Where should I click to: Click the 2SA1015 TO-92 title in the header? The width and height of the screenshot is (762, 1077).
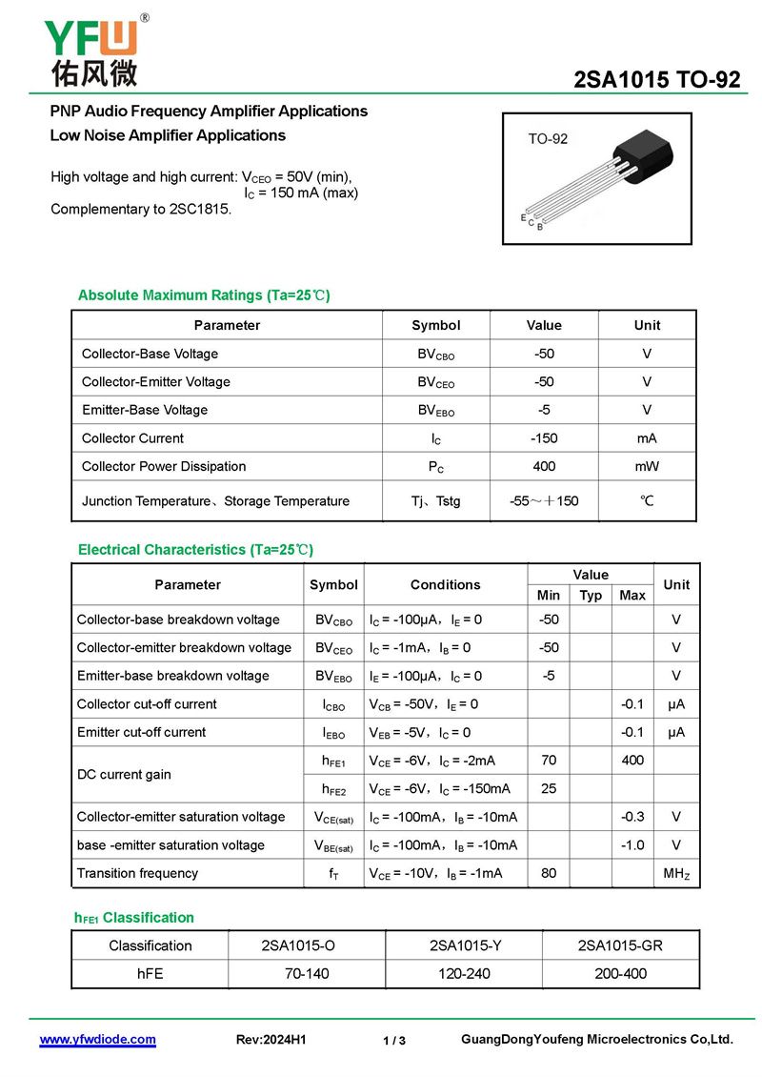[x=656, y=80]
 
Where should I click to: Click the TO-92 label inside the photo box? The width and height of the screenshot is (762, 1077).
[x=548, y=139]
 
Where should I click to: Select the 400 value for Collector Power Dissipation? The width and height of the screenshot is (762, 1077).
[x=544, y=466]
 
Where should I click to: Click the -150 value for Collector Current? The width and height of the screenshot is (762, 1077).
[x=544, y=438]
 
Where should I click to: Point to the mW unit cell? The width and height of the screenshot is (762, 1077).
[x=647, y=466]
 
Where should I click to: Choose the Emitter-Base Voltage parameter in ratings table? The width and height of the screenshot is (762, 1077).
[x=145, y=410]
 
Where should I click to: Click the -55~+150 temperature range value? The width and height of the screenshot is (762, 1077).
[x=544, y=500]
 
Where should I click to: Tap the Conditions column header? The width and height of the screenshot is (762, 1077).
[x=445, y=584]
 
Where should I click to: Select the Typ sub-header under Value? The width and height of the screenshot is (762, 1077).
[x=591, y=595]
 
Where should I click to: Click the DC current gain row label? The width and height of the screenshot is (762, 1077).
[x=124, y=774]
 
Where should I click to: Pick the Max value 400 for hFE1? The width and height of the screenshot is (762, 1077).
[x=632, y=761]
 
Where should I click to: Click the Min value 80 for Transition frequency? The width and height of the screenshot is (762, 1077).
[x=549, y=873]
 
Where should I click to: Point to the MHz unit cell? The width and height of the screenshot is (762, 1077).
[x=676, y=873]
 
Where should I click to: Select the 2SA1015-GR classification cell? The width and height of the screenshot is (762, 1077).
[x=620, y=945]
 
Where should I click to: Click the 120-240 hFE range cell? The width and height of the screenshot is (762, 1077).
[x=463, y=973]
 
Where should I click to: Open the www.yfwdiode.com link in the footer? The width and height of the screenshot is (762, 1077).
[x=97, y=1040]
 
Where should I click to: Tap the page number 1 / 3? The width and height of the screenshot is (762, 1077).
[x=394, y=1041]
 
